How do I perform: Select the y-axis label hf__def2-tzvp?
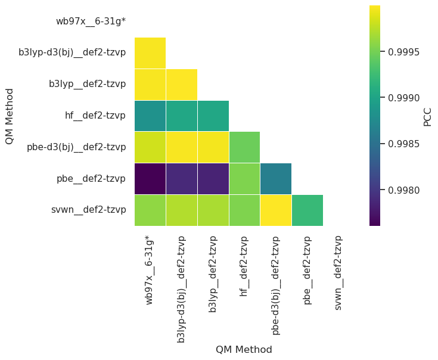(x=95, y=116)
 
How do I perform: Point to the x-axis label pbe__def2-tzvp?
(x=307, y=270)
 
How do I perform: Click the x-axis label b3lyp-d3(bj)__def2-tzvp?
(x=182, y=289)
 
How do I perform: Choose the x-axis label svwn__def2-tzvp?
(x=338, y=272)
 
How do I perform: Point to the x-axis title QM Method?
(x=244, y=350)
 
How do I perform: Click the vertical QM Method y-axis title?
(x=10, y=116)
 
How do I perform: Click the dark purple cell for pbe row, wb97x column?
(x=150, y=178)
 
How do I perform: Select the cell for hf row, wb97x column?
(x=150, y=116)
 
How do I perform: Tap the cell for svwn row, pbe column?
(x=307, y=210)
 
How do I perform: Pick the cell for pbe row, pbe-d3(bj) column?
(x=276, y=178)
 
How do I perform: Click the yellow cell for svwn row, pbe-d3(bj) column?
(x=276, y=210)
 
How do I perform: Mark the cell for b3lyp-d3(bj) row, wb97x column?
(x=150, y=52)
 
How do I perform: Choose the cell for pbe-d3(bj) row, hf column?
(x=244, y=147)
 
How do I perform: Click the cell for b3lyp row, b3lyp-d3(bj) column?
(x=182, y=84)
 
